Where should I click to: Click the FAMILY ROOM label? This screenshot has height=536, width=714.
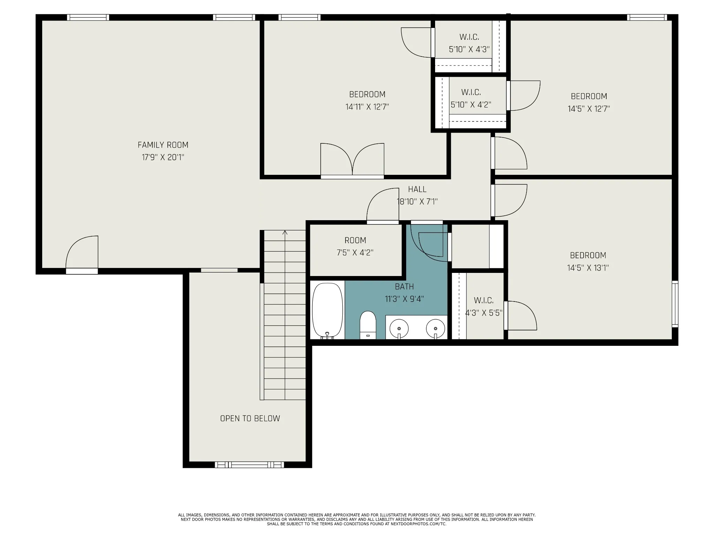(163, 145)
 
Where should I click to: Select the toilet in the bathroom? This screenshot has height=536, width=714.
(368, 325)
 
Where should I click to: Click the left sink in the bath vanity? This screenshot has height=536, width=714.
(399, 328)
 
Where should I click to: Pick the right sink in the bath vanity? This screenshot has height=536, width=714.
(435, 328)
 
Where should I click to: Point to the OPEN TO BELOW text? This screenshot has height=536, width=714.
(250, 418)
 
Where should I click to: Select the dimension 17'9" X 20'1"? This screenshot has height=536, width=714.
(163, 157)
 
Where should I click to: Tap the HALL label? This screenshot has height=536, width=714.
(417, 189)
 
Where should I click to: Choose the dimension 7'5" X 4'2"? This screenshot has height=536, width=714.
(355, 253)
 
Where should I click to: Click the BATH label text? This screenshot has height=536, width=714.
(404, 286)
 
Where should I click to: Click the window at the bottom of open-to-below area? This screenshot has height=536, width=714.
(249, 465)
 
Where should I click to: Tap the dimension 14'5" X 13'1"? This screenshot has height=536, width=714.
(588, 268)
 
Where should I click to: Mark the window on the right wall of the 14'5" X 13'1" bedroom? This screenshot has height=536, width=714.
(675, 304)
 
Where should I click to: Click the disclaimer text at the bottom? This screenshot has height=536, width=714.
(357, 519)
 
